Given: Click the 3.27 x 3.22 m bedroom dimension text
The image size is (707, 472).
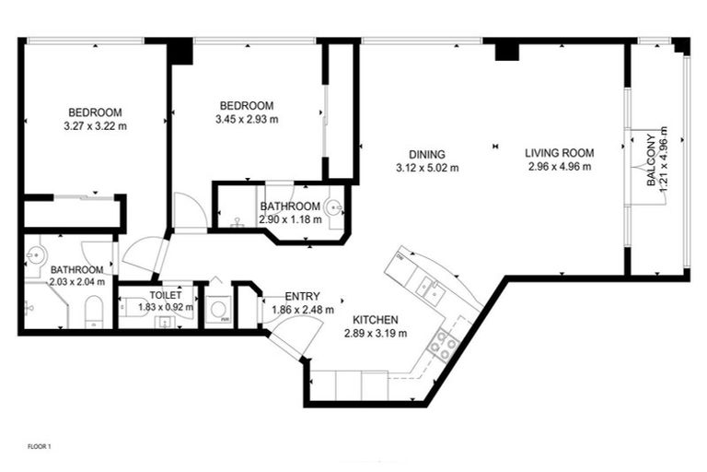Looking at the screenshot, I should [95, 125].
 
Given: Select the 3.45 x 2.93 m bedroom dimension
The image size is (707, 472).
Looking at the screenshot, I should [247, 119].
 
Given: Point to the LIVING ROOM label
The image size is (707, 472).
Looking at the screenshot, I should [560, 153].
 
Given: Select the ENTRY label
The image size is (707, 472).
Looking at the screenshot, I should [302, 296].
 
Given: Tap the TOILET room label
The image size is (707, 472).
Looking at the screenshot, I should [166, 295].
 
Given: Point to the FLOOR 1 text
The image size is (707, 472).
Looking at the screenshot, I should [39, 446].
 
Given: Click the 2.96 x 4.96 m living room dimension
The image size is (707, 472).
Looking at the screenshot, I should [560, 167].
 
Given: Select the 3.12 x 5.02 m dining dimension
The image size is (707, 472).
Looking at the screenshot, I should [426, 168].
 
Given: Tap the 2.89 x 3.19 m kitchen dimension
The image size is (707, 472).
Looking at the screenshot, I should [375, 333].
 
